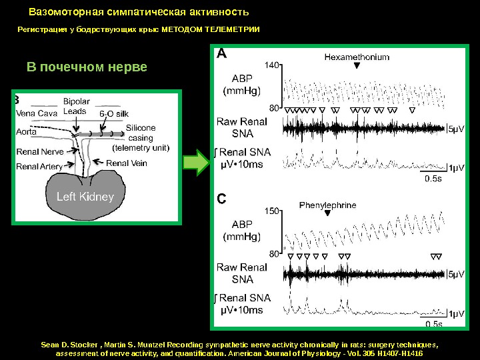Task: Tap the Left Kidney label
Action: coord(85,197)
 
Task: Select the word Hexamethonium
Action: coord(357,57)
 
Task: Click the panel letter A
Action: coord(221,54)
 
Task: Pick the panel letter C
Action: coord(221,199)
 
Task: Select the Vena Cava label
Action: coord(37,113)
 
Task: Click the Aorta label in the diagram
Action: coord(27,132)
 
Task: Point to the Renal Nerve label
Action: coord(39,152)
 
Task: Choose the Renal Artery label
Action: coord(39,166)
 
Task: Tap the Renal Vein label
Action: coord(127,163)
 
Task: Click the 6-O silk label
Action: coord(114,113)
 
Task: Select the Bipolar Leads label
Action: coord(76,106)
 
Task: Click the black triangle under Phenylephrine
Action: coord(327,215)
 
